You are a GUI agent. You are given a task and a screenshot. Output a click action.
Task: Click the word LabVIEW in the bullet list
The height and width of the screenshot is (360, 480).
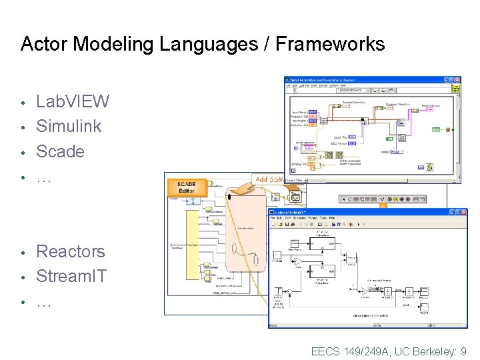73,102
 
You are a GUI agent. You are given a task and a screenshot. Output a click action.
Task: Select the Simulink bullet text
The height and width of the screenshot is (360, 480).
69,126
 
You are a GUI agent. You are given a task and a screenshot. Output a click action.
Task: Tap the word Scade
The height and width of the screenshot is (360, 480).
60,151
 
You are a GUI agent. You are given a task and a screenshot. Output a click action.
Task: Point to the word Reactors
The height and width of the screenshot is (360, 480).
70,251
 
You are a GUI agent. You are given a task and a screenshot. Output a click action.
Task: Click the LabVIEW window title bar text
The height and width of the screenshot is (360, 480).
333,80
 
